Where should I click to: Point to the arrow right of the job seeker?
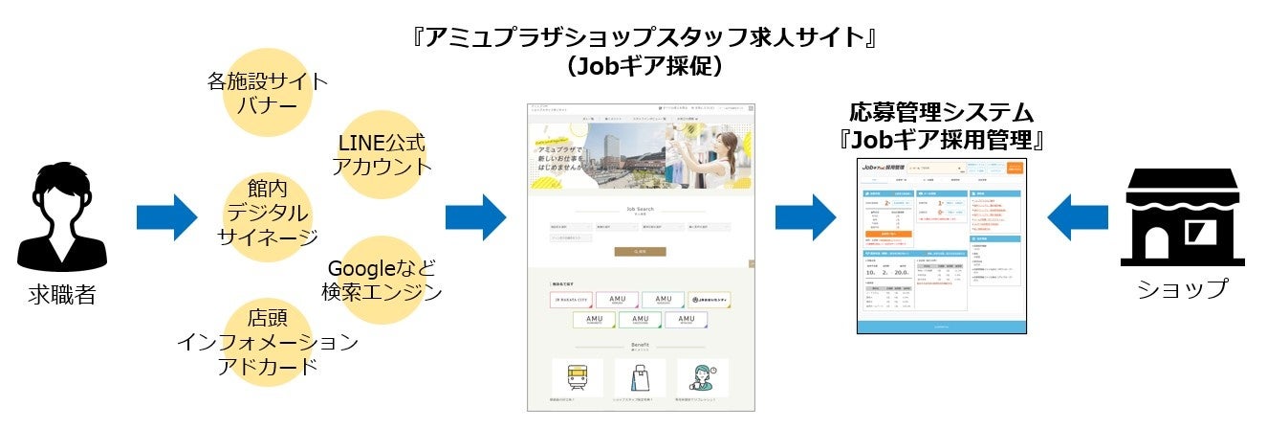[x=166, y=217]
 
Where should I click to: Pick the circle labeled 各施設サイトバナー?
[x=267, y=92]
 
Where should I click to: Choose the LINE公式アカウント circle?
[x=382, y=154]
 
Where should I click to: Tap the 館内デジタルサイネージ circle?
[x=267, y=212]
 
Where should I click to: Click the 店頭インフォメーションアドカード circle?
[x=268, y=343]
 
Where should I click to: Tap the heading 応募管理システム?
[x=943, y=112]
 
